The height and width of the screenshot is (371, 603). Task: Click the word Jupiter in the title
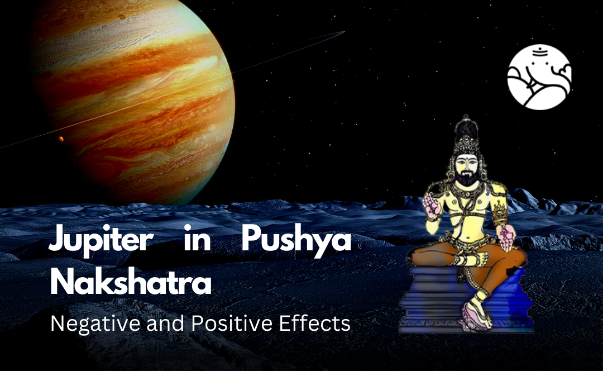click(101, 239)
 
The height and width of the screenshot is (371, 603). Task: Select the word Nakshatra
click(131, 282)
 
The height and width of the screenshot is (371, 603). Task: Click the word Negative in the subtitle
click(96, 324)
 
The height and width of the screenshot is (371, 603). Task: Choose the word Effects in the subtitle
click(315, 324)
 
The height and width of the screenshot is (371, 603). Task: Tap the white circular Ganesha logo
click(539, 77)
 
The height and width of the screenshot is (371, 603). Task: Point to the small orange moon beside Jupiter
click(61, 139)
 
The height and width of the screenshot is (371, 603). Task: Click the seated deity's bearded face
click(466, 169)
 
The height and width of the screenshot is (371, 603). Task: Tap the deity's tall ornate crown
click(466, 135)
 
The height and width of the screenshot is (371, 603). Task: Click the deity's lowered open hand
click(508, 236)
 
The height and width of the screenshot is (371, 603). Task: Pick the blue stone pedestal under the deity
click(465, 299)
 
